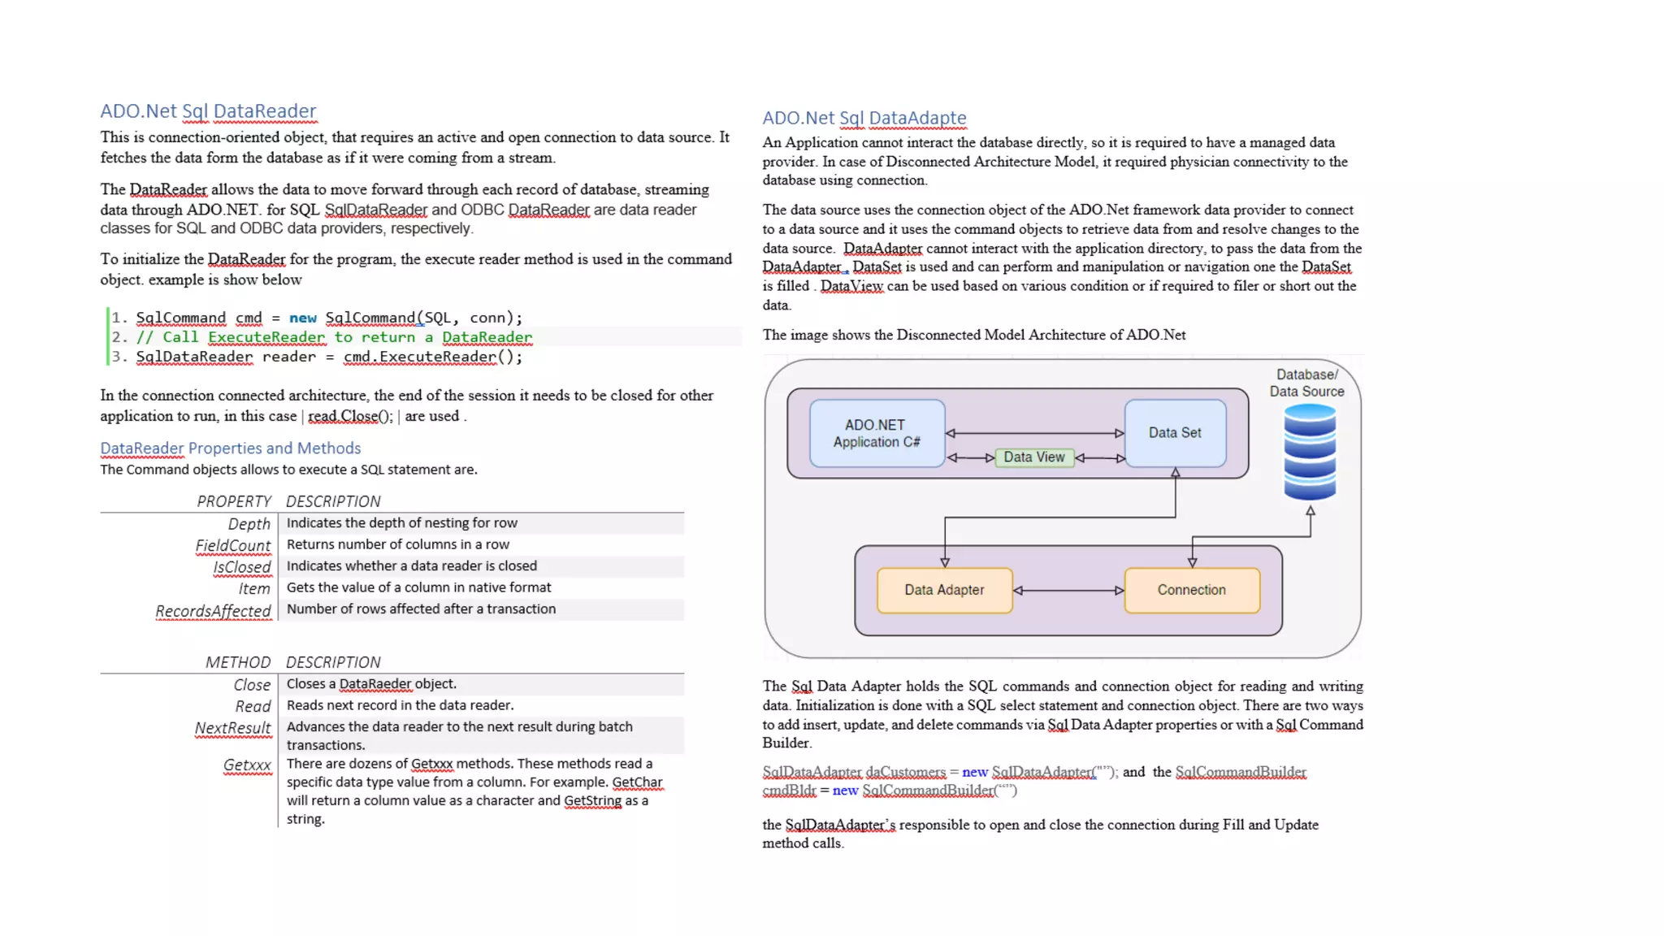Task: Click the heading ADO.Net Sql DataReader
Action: coord(208,111)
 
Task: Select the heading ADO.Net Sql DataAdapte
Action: coord(864,118)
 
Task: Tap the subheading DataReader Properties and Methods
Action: coord(230,448)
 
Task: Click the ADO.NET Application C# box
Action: coord(877,433)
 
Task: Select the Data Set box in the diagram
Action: coord(1174,433)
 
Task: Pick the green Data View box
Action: coord(1033,457)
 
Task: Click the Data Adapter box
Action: coord(944,590)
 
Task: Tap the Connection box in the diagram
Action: coord(1191,590)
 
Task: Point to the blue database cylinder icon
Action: coord(1309,452)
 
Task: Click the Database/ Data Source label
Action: coord(1306,383)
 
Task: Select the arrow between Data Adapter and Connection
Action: coord(1068,591)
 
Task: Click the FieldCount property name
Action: coord(233,546)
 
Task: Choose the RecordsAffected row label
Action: coord(213,611)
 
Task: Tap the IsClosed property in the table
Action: coord(241,567)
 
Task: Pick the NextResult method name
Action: coord(232,728)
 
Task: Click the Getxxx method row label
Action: coord(247,765)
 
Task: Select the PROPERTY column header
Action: coord(234,501)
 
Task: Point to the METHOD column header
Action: coord(237,662)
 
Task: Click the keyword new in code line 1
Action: coord(303,318)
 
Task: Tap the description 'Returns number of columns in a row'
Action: coord(398,544)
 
